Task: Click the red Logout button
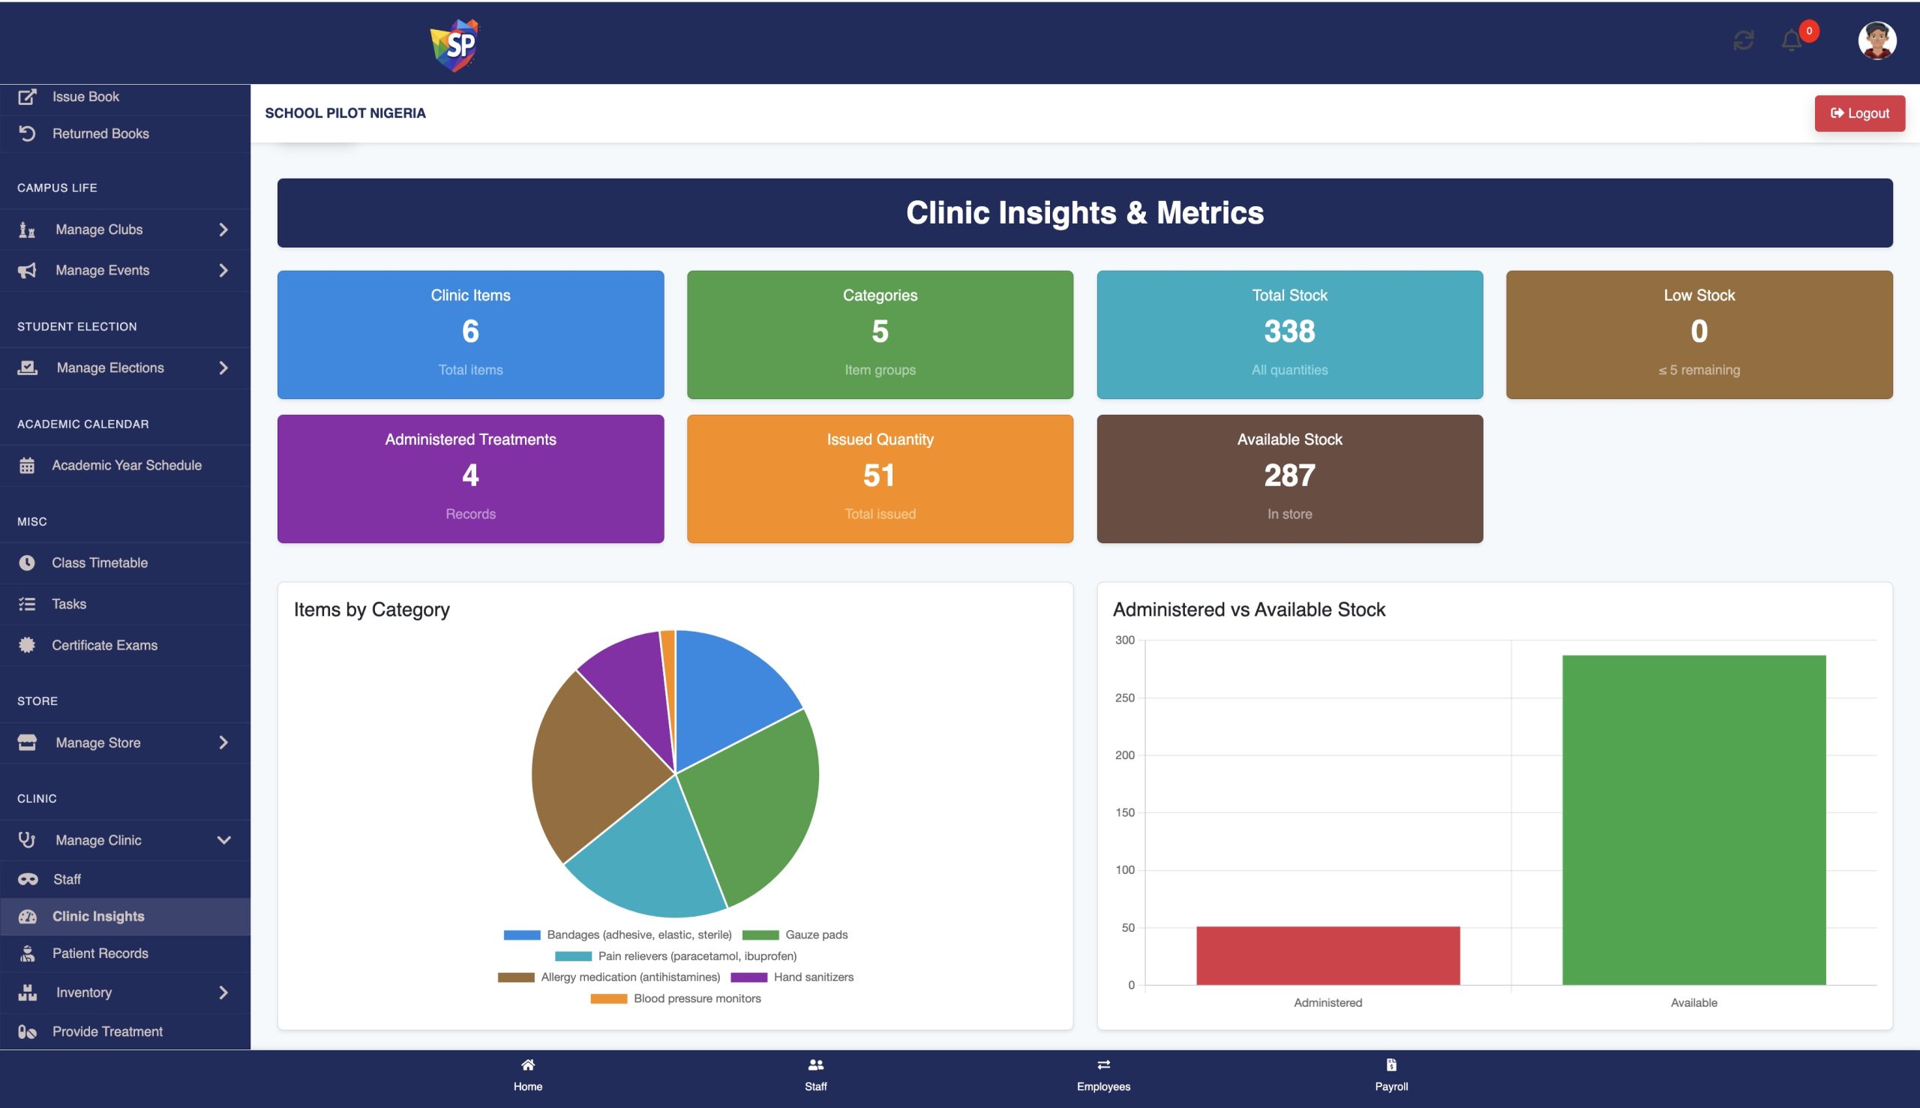click(1859, 113)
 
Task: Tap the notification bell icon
click(1792, 41)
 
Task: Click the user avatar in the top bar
click(1876, 41)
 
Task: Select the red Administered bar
click(1327, 955)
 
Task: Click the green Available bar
click(1693, 820)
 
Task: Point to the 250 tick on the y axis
click(1124, 698)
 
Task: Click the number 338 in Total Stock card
click(1289, 331)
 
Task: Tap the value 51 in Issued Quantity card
click(879, 476)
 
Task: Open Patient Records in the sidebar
click(100, 953)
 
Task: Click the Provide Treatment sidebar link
click(107, 1031)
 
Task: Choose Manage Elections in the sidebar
click(110, 368)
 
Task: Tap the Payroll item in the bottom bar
click(1390, 1074)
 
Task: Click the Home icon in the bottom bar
click(528, 1065)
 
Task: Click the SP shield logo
click(454, 44)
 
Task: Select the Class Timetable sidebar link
click(100, 563)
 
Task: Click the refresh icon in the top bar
click(1744, 41)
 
